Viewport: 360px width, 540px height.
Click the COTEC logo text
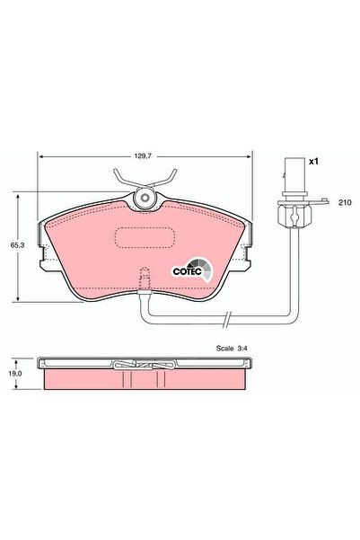[x=186, y=267]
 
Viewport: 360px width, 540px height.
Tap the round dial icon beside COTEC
[x=203, y=266]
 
